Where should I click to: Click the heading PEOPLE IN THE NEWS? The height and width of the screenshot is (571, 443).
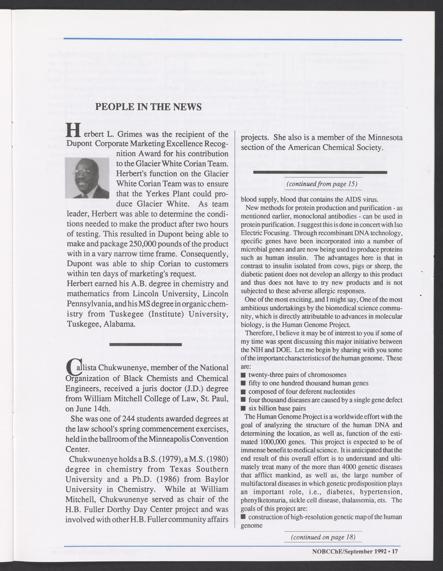pyautogui.click(x=149, y=107)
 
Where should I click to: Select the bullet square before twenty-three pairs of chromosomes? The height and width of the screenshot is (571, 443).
pyautogui.click(x=243, y=375)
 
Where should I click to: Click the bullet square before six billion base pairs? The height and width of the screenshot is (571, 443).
pyautogui.click(x=243, y=408)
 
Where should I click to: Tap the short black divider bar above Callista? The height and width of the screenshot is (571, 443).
pyautogui.click(x=146, y=345)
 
